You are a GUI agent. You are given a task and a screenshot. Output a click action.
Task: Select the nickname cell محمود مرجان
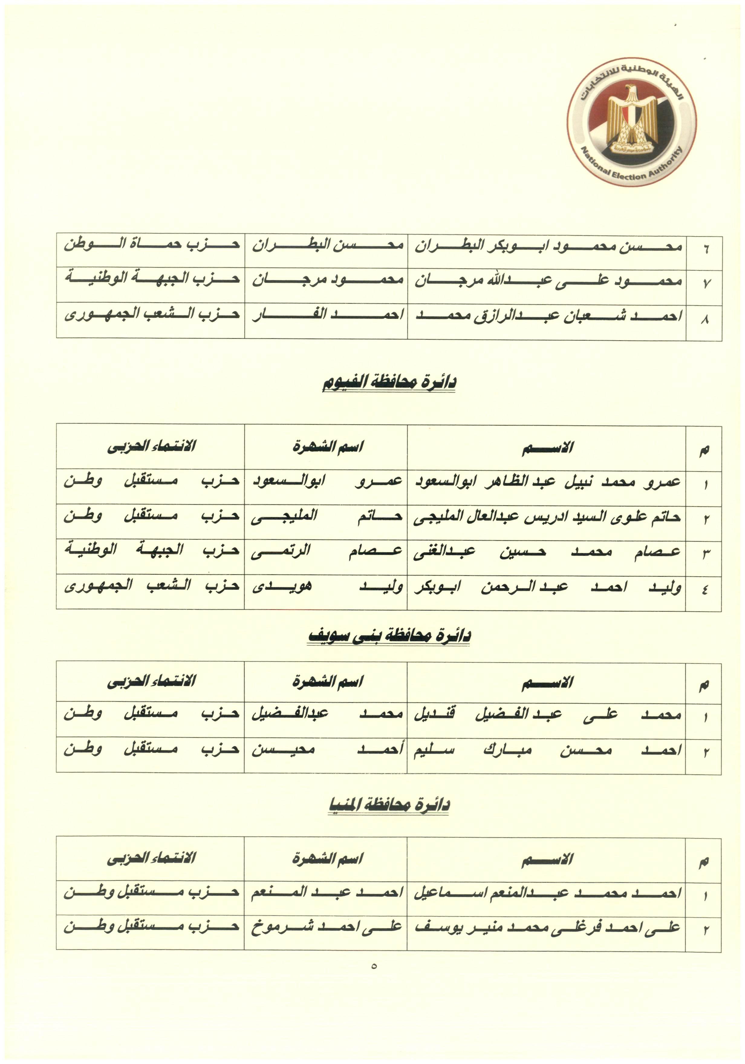click(x=327, y=280)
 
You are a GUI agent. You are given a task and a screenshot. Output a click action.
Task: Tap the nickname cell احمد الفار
click(x=327, y=315)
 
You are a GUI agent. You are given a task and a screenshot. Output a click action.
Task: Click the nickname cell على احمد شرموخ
click(x=327, y=926)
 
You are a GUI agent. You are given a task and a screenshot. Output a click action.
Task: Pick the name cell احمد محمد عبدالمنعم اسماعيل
click(x=547, y=892)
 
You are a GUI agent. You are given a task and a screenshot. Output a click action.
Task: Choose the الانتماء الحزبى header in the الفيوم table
click(x=151, y=446)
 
